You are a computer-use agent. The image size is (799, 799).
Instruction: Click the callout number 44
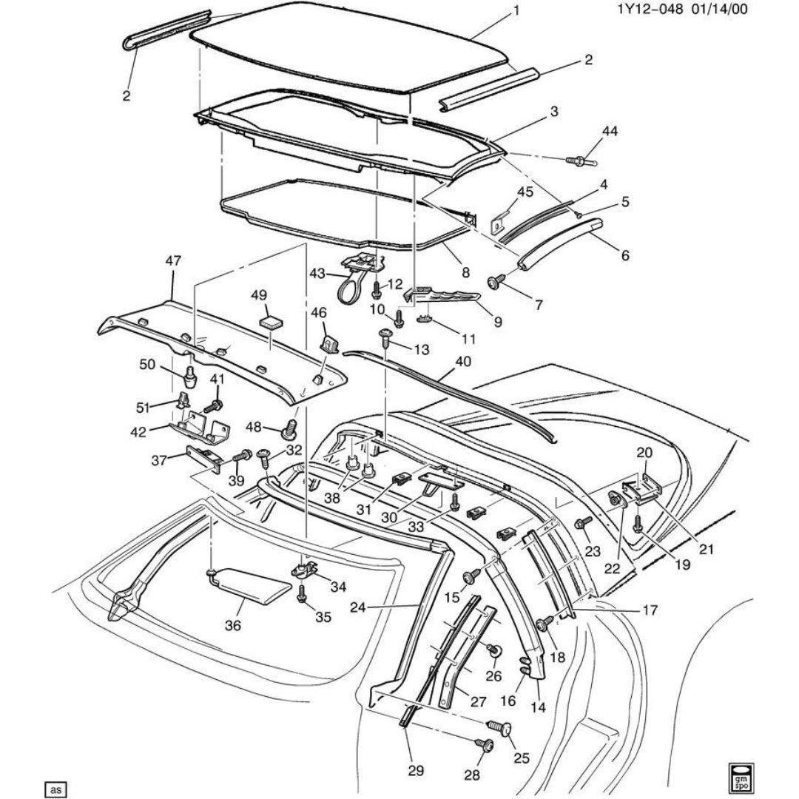click(x=589, y=131)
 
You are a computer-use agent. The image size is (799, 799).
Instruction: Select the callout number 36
click(x=234, y=624)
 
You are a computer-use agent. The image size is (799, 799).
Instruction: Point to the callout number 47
click(x=172, y=260)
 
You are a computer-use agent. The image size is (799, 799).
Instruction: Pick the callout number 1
click(x=516, y=11)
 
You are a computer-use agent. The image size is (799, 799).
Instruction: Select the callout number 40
click(x=462, y=360)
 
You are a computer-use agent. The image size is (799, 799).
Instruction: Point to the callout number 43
click(x=317, y=273)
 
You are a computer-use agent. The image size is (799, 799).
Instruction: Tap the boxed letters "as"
click(x=55, y=789)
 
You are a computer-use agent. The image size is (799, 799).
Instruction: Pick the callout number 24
click(x=379, y=608)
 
